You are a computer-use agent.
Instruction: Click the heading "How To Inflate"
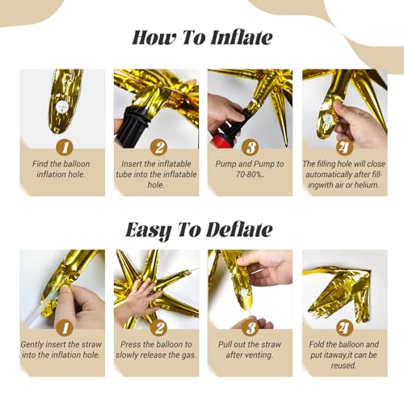pos(202,38)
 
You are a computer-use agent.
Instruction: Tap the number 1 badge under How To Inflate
pos(62,148)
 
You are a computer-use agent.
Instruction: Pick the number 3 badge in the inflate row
pos(249,148)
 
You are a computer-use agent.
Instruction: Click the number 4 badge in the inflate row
pos(343,148)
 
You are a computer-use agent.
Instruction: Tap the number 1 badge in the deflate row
pos(62,329)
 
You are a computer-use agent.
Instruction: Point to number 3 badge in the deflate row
pos(249,329)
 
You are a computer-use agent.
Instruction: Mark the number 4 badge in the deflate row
pos(343,329)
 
